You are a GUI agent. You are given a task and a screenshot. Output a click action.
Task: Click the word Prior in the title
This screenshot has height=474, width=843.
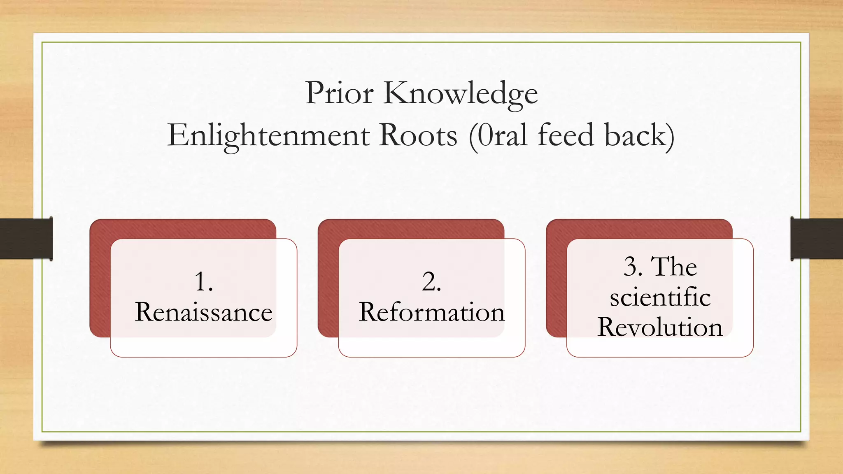coord(339,93)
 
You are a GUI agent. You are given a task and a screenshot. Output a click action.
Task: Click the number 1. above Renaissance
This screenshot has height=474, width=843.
coord(204,282)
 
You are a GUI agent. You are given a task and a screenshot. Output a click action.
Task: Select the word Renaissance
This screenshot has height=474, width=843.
coord(204,312)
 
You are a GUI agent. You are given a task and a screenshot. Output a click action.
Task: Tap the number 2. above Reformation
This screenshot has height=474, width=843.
coord(431,282)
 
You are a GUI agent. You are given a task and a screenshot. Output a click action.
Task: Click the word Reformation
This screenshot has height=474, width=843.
coord(431,312)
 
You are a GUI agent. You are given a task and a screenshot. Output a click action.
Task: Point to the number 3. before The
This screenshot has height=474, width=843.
coord(633,267)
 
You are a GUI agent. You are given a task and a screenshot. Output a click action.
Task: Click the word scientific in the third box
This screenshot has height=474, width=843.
coord(660,297)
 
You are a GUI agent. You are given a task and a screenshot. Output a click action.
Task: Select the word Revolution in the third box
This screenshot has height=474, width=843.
coord(660,328)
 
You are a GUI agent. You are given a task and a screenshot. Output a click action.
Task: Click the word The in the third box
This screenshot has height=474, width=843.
coord(674,267)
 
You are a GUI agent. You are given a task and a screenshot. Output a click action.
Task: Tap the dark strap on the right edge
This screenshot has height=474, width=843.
coord(817,239)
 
